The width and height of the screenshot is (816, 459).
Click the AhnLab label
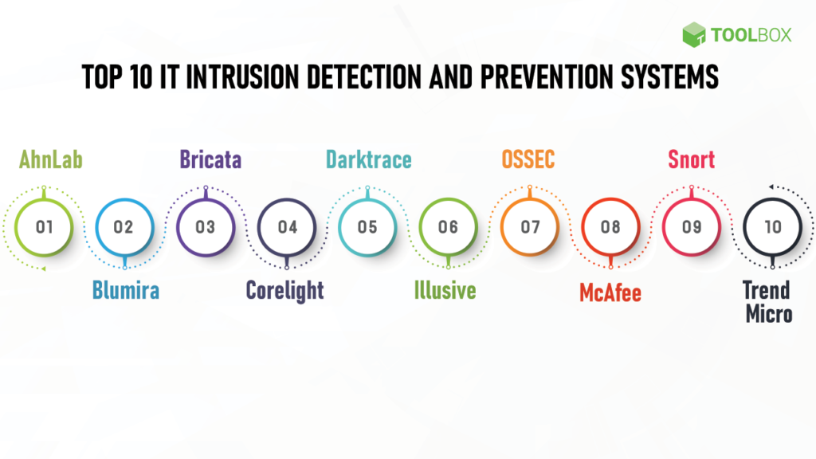tap(50, 160)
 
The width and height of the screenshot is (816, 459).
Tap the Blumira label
tap(125, 291)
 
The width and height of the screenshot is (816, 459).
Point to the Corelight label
tap(285, 291)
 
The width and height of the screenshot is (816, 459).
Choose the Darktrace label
tap(368, 160)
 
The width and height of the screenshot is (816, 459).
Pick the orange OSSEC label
tap(528, 160)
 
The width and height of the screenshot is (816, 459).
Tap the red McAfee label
tap(610, 293)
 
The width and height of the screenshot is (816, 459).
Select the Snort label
tap(691, 160)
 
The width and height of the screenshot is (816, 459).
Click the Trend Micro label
tap(768, 302)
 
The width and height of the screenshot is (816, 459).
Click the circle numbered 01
tap(45, 227)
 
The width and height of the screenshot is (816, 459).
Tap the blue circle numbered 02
tap(124, 227)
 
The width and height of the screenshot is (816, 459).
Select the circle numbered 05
tap(367, 227)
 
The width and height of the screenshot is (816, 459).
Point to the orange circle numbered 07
tap(530, 227)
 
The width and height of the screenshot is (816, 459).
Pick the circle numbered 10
tap(772, 227)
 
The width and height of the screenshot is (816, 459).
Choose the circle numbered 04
tap(287, 227)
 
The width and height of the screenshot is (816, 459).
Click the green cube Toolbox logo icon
tap(694, 34)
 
